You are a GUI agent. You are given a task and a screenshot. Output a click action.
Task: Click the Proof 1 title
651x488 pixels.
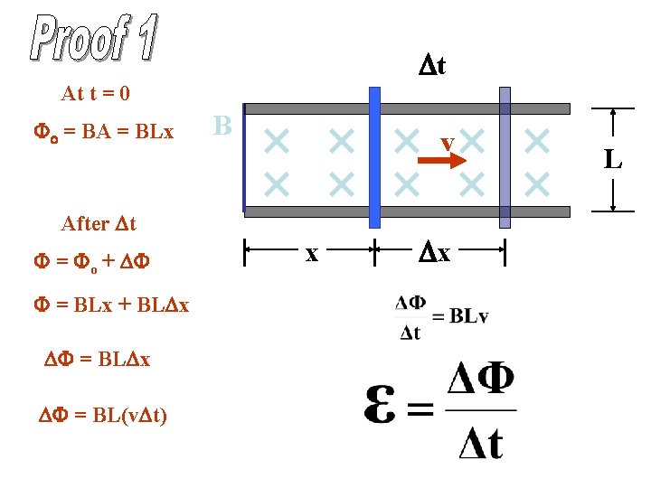(95, 39)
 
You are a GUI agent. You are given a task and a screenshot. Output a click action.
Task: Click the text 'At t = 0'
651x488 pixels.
(96, 93)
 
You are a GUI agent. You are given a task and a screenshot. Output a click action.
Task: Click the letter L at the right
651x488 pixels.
(613, 161)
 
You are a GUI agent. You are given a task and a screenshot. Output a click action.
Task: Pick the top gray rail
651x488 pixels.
(407, 108)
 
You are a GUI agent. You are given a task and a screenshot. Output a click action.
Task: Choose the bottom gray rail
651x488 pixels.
(407, 211)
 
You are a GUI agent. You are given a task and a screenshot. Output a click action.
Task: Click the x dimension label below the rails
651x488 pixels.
(311, 254)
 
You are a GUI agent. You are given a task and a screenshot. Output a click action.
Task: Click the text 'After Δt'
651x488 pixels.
(98, 223)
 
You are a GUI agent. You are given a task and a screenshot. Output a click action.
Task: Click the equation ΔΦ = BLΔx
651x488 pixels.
(98, 359)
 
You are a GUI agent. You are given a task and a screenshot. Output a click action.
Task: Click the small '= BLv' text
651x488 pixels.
(459, 316)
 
